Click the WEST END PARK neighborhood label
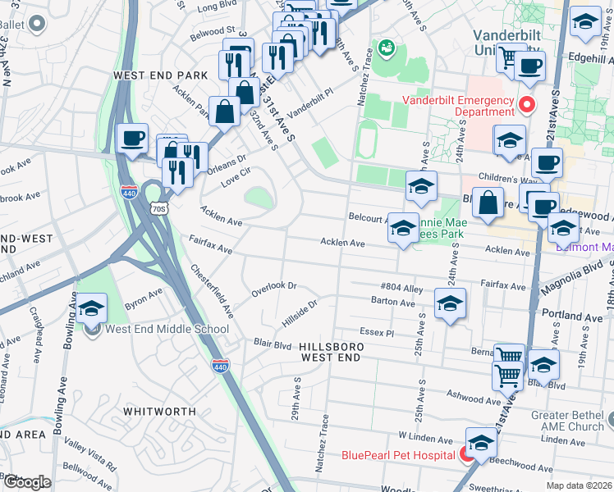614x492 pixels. (161, 75)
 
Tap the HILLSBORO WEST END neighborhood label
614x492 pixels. (330, 353)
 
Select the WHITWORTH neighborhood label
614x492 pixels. (159, 411)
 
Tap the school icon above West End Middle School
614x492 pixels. (92, 309)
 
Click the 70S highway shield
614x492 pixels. (159, 208)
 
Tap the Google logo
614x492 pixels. (27, 481)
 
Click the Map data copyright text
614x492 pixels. (578, 485)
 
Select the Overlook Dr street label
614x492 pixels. (273, 289)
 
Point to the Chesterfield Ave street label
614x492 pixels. (213, 290)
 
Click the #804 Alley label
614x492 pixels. (401, 288)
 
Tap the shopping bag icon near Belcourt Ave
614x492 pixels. (488, 206)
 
